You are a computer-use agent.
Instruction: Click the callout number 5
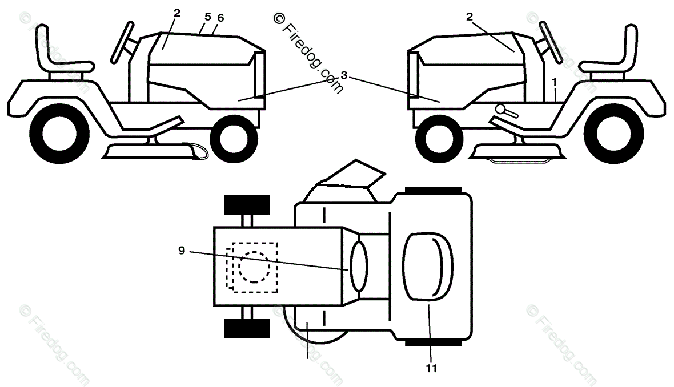pos(207,17)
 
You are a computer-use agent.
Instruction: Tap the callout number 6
pos(220,18)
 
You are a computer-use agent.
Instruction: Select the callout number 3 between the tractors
pos(344,75)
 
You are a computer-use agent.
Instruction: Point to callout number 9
pos(182,250)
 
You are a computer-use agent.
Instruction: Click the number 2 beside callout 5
pos(177,13)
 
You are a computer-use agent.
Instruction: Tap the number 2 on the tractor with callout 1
pos(470,17)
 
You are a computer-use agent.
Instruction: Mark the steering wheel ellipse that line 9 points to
pos(359,265)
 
